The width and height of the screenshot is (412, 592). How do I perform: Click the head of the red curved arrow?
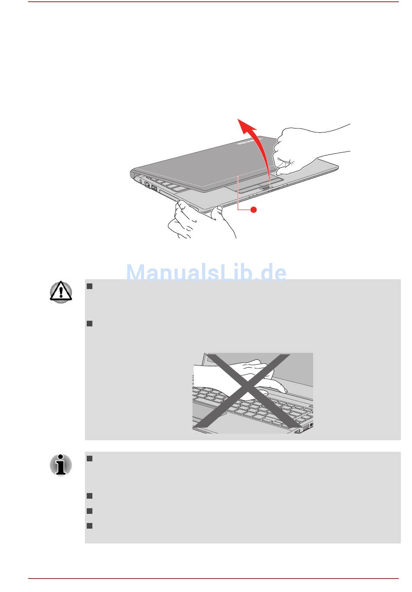click(245, 126)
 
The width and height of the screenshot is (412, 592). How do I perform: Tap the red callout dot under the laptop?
click(254, 210)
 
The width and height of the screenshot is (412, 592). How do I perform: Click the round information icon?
click(61, 465)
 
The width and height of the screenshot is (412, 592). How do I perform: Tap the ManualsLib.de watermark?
click(206, 272)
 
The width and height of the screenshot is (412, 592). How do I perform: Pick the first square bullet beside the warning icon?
click(89, 286)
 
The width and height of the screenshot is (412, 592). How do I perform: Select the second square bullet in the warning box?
click(89, 324)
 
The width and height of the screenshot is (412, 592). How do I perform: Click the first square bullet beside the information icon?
click(89, 458)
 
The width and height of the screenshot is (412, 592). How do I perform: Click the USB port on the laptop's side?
click(154, 188)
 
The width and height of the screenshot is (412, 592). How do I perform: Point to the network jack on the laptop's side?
click(147, 185)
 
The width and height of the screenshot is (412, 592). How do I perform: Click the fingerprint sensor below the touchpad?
click(265, 187)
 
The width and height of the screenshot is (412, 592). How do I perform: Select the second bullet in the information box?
click(89, 496)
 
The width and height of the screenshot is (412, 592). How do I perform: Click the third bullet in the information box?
click(89, 511)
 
